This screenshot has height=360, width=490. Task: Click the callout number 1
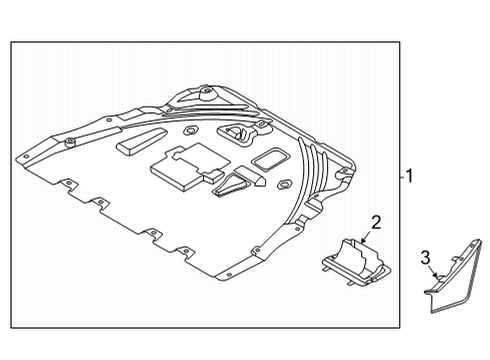point(410,176)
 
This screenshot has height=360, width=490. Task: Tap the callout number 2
point(376,221)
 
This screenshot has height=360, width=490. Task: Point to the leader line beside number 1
point(400,176)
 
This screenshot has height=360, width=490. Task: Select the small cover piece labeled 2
point(355,262)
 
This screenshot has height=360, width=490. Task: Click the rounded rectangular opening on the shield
point(268,159)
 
